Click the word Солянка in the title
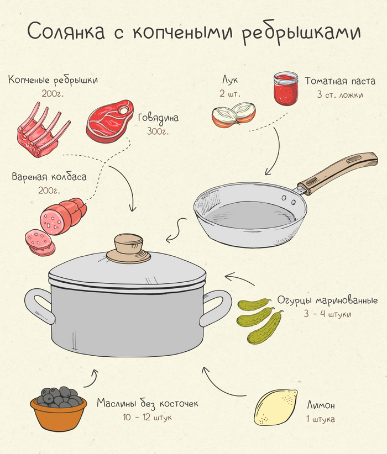tap(66, 31)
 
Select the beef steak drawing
tap(109, 122)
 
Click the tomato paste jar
tap(286, 88)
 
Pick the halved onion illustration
tap(234, 115)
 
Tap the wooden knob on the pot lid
tap(128, 249)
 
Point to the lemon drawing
tap(276, 408)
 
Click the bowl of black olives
tap(59, 408)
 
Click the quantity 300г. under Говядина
tap(158, 131)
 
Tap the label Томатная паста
tap(340, 81)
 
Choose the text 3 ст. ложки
tap(340, 94)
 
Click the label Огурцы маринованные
tap(328, 300)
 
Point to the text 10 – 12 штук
tap(147, 417)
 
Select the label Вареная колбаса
tap(49, 177)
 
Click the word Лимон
tap(321, 405)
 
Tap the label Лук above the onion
tap(230, 80)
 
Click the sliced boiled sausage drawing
tap(56, 226)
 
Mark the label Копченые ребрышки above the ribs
tap(53, 80)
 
